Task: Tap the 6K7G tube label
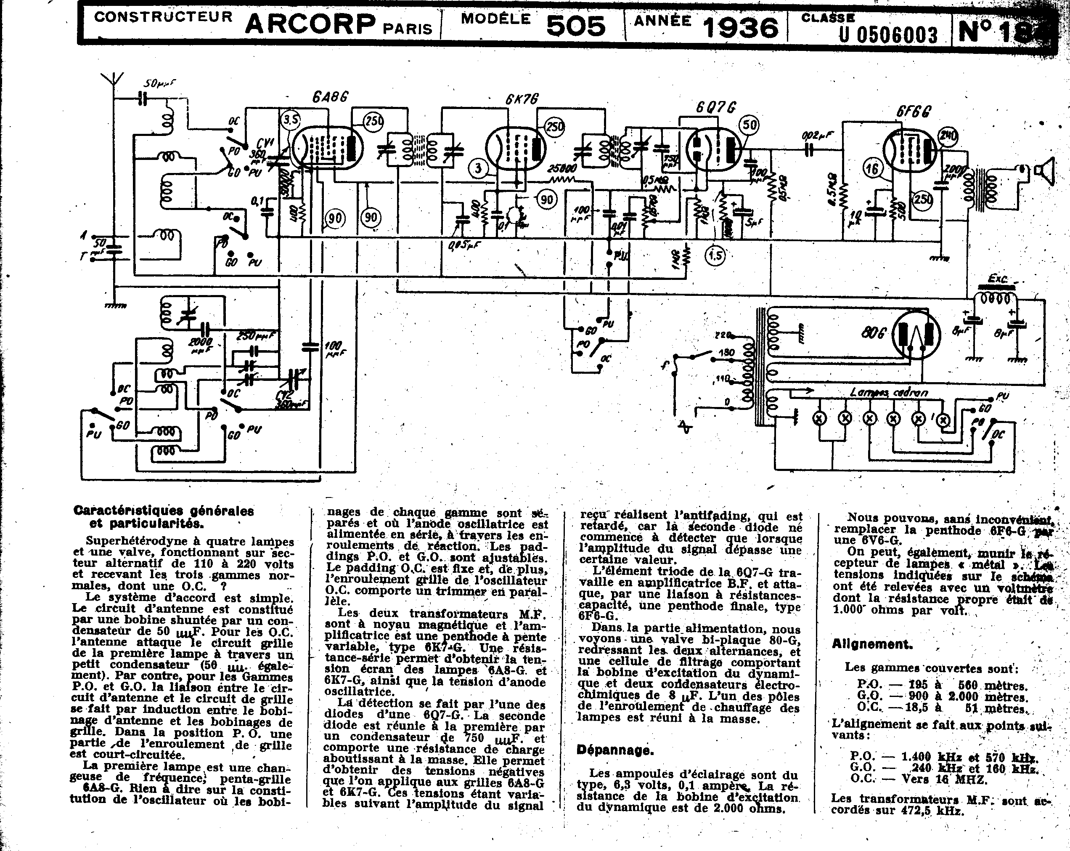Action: (x=522, y=99)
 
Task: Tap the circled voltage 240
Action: (x=948, y=136)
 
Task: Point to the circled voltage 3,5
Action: (x=291, y=119)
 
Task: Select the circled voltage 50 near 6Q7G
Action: (x=749, y=125)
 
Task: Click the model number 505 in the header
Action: (x=576, y=26)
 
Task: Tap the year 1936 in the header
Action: (x=741, y=27)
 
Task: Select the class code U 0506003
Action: (x=888, y=34)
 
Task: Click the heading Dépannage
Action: (x=615, y=750)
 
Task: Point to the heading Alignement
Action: (x=872, y=644)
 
